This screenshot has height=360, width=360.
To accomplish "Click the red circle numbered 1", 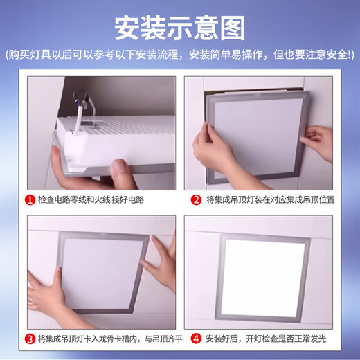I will (31, 201).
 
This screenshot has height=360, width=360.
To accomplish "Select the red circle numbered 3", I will (31, 339).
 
